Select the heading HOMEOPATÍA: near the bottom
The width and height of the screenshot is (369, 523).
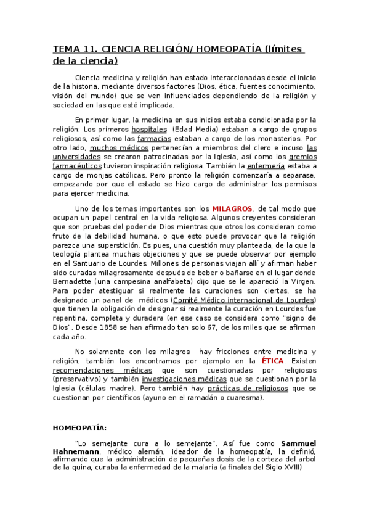(79, 427)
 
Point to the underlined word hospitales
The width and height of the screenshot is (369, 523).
(150, 130)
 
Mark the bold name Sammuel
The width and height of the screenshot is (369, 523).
(298, 443)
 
